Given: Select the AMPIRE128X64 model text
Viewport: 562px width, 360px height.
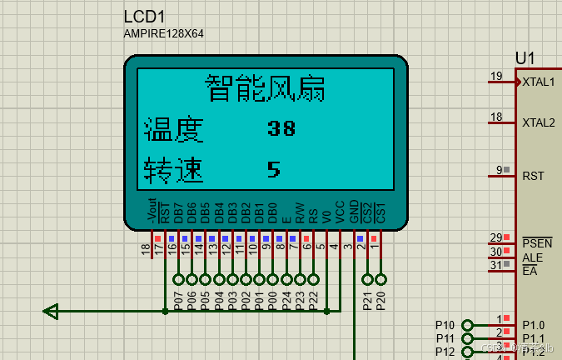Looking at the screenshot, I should coord(163,33).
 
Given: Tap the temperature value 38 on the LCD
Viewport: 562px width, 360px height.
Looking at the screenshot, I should coord(281,128).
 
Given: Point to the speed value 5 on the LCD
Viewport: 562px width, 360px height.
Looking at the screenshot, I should coord(274,169).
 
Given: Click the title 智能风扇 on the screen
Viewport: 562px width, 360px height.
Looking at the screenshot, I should coord(265,87).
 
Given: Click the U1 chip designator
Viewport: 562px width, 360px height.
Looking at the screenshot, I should coord(525,58).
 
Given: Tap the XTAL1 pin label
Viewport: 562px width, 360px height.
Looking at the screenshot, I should coord(539,82).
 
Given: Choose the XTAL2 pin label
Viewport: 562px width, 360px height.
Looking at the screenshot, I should coord(539,122).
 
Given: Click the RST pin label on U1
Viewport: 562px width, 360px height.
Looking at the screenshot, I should coord(533,176).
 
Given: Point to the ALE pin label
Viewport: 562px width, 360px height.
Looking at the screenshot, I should coord(532,257).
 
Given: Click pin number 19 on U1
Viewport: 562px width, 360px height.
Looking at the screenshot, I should coord(496,77).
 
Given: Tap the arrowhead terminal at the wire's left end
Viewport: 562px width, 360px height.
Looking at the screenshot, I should coord(51,312).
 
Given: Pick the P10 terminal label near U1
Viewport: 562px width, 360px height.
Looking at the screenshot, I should coord(445,325).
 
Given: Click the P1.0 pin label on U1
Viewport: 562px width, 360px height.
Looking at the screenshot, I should coord(534,325).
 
